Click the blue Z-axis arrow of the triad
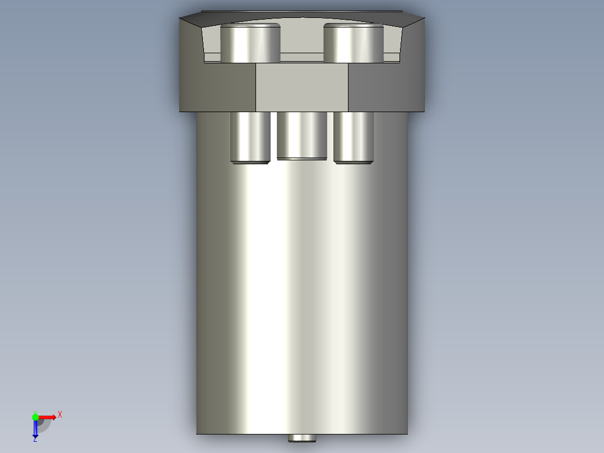tap(35, 429)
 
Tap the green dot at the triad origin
tap(35, 416)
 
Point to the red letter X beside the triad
tap(60, 414)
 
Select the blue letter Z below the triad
tap(35, 440)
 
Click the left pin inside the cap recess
tap(250, 45)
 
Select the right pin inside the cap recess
tap(354, 45)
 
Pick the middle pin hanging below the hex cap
tap(302, 135)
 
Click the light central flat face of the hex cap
tap(302, 87)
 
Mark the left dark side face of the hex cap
tap(217, 87)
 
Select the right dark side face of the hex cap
tap(387, 87)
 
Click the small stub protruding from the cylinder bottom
tap(302, 438)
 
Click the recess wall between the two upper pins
tap(302, 39)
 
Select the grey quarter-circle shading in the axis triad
tap(45, 425)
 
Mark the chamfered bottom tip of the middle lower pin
tap(302, 159)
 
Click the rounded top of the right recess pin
tap(354, 26)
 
